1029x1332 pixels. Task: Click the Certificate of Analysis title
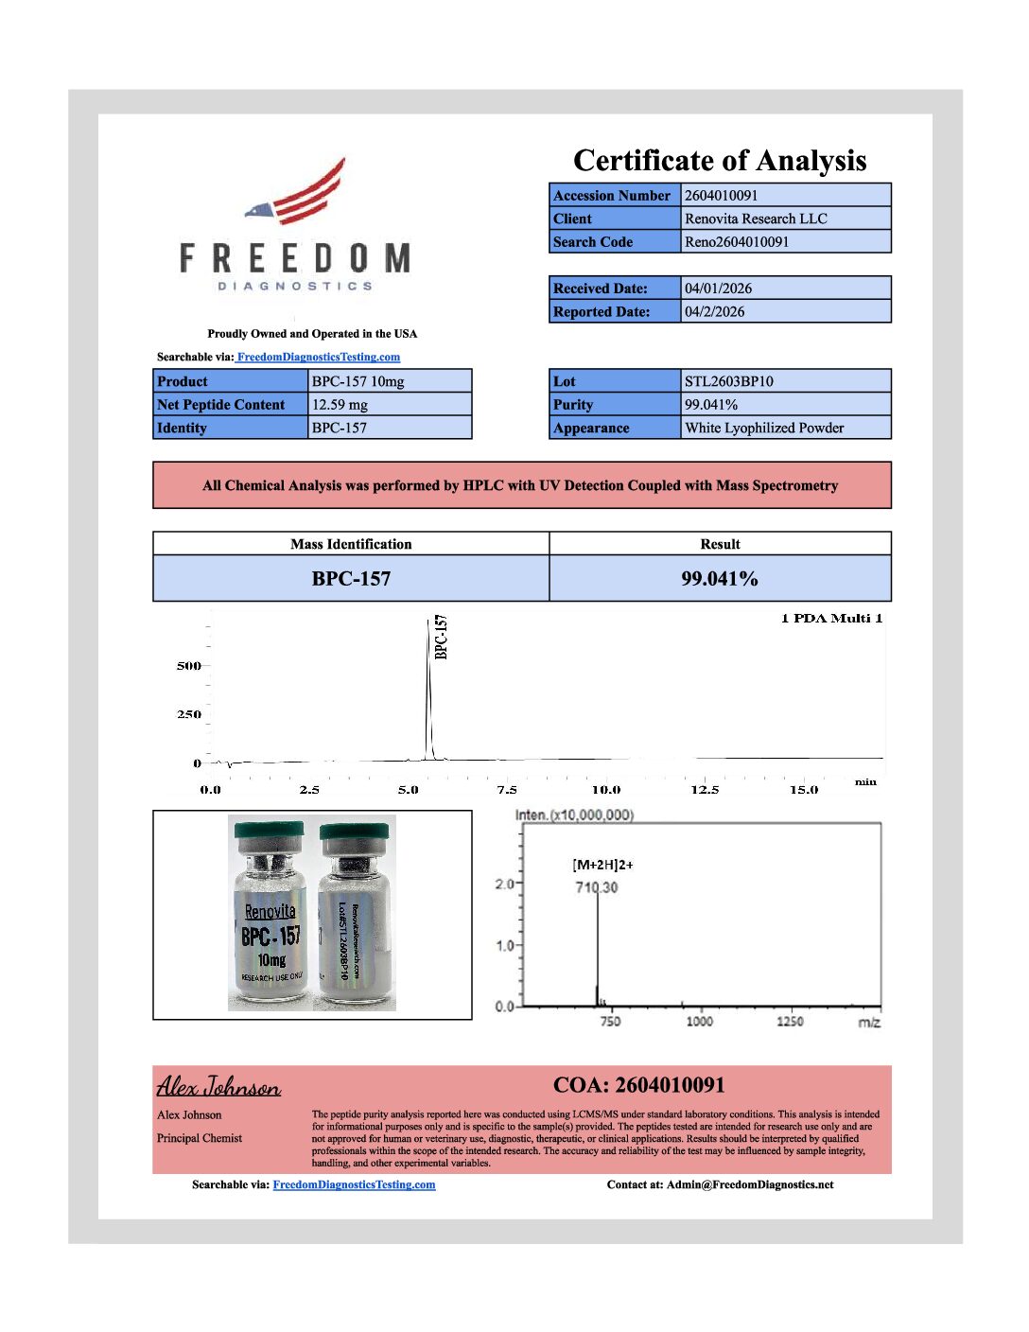coord(720,160)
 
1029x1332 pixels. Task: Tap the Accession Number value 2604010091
coord(721,196)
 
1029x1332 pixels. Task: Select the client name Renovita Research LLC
coord(756,219)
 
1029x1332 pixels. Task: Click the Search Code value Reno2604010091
coord(737,242)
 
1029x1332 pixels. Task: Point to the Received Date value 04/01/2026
coord(719,289)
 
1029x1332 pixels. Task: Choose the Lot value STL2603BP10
coord(729,381)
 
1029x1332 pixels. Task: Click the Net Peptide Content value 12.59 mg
coord(340,405)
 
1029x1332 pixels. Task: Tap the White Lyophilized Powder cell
coord(764,428)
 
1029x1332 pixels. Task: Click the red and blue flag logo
coord(297,193)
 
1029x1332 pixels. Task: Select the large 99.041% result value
coord(720,579)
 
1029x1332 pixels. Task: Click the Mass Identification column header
coord(351,544)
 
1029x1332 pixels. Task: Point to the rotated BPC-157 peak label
coord(441,637)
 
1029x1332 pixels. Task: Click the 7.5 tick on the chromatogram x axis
coord(507,790)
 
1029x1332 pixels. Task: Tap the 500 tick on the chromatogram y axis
coord(189,666)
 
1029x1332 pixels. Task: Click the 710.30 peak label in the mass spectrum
coord(596,887)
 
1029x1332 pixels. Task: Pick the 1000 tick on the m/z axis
coord(699,1022)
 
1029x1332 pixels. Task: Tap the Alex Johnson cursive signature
coord(218,1086)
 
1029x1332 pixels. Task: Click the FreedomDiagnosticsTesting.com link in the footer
coord(354,1184)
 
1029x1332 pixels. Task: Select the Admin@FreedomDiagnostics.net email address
coord(750,1184)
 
